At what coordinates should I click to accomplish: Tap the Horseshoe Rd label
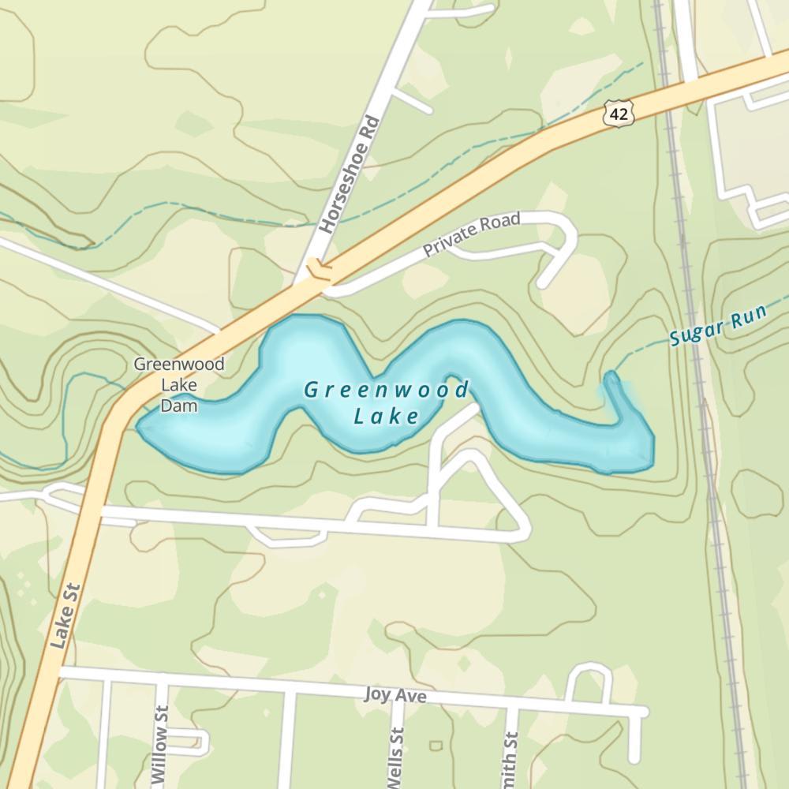tap(350, 176)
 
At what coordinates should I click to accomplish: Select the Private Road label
tap(471, 235)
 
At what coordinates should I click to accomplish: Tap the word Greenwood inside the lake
tap(386, 390)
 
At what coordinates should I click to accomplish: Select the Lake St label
tap(65, 616)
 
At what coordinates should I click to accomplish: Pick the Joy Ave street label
tap(395, 696)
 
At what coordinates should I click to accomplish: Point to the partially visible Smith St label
tap(511, 761)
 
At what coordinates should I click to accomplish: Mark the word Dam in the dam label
tap(178, 406)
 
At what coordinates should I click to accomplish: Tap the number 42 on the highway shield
tap(619, 114)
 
